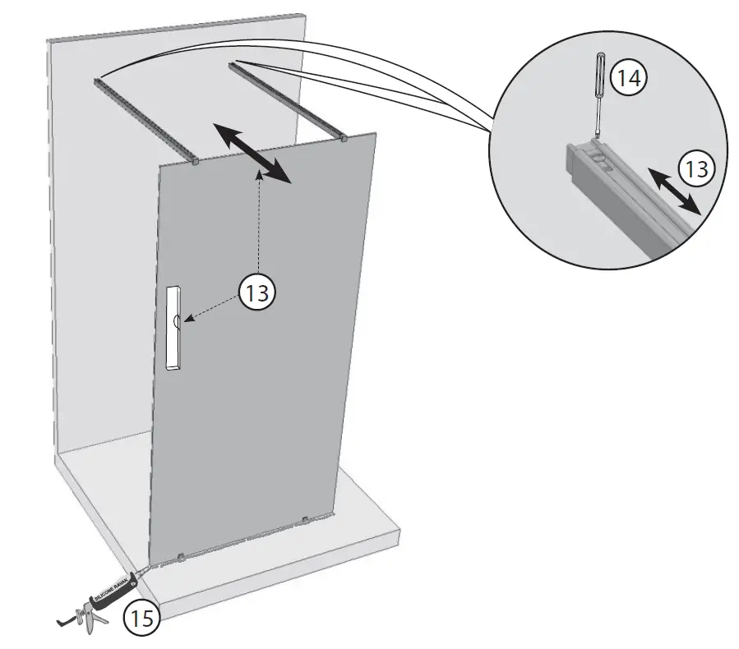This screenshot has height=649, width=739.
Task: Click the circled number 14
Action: click(x=630, y=79)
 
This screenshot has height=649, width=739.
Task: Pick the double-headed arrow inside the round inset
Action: click(x=673, y=189)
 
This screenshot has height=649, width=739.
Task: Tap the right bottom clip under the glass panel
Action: click(x=306, y=520)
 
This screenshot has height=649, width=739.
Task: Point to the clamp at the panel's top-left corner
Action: click(x=196, y=161)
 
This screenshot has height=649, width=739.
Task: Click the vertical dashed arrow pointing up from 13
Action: click(x=259, y=222)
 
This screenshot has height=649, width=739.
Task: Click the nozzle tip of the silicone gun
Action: click(x=153, y=566)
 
